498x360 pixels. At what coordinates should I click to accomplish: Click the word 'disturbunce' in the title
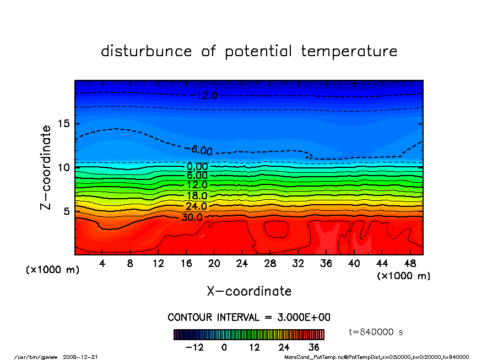coord(147,51)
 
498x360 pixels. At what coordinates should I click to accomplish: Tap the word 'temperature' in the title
coord(349,51)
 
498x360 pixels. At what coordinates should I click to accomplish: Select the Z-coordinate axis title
coord(46,167)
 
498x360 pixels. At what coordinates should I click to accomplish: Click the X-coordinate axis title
coord(249,291)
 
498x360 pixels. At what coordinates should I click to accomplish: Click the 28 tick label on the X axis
coord(270,264)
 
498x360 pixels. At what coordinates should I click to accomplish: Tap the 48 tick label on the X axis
coord(409,264)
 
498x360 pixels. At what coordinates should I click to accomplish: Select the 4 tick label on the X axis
coord(102,264)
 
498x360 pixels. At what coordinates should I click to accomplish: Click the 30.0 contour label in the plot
coord(192,217)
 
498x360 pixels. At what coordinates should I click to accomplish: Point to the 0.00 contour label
coord(197,167)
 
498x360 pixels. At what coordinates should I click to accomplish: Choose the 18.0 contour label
coord(197,195)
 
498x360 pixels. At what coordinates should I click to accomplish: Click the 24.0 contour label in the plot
coord(196,206)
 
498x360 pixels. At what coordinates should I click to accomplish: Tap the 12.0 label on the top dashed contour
coord(207,96)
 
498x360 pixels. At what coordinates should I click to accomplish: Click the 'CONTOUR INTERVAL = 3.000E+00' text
coord(249,318)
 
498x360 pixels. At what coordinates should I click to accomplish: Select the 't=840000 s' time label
coord(376,332)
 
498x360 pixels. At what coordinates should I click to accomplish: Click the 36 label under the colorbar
coord(313,347)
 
